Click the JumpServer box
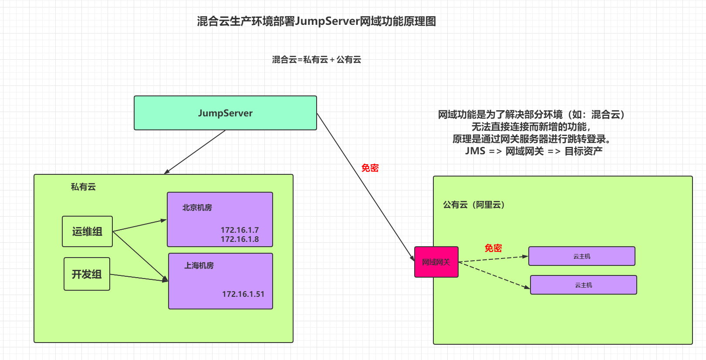click(x=225, y=113)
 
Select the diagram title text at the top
click(x=316, y=21)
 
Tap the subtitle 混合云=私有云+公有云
click(x=316, y=60)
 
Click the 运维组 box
click(x=87, y=231)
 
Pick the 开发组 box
click(x=87, y=274)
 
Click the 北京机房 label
click(x=197, y=208)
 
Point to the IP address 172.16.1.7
click(x=240, y=230)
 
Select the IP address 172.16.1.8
click(x=240, y=239)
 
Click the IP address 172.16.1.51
click(x=243, y=294)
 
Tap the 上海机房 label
click(x=199, y=265)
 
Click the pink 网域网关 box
click(x=436, y=262)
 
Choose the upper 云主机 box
click(x=581, y=256)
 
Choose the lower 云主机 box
click(x=583, y=285)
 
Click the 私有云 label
click(x=83, y=187)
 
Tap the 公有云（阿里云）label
click(x=474, y=205)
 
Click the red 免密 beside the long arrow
click(x=370, y=168)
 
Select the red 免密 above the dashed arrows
click(x=493, y=248)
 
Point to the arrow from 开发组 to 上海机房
click(x=138, y=278)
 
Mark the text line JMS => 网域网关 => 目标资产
click(x=534, y=151)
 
